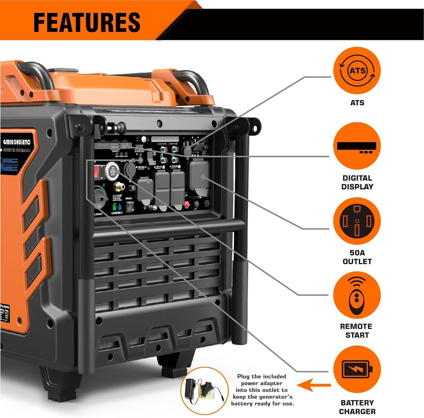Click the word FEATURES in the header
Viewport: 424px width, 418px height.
87,22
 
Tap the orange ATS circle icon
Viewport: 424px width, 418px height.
357,71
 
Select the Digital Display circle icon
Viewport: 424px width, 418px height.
357,146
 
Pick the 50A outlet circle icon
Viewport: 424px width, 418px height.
357,221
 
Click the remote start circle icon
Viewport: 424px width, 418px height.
357,295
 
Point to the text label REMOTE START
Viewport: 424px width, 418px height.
357,331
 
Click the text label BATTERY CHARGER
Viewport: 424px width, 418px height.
357,407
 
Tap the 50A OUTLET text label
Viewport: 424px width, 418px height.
357,257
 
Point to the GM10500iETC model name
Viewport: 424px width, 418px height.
17,142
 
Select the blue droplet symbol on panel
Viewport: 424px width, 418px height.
122,207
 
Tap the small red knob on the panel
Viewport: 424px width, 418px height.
187,204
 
